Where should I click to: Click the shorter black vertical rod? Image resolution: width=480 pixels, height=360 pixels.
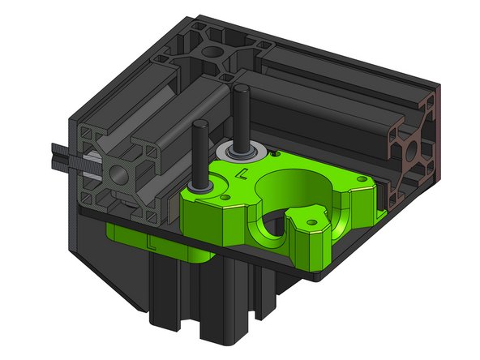tap(198, 150)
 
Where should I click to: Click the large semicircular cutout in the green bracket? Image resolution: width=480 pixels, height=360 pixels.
tap(296, 182)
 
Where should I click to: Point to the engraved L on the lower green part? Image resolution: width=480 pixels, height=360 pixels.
tap(151, 242)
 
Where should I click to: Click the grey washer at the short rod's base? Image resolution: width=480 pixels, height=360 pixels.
tap(199, 186)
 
